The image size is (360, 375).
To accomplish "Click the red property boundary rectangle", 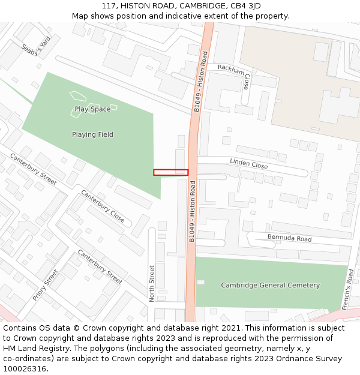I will [x=170, y=172].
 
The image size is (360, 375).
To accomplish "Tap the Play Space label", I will [x=92, y=109].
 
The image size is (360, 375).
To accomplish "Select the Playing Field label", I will [x=92, y=134].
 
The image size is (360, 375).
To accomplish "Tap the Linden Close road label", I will [x=248, y=164].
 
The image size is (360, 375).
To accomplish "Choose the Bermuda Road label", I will [x=289, y=238].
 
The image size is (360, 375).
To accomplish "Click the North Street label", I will [x=152, y=283].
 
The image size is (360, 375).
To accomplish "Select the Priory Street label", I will [x=46, y=284].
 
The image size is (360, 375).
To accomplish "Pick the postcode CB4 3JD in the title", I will [x=246, y=5].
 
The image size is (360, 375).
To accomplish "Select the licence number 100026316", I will [x=25, y=368].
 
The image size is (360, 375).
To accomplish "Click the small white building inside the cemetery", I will [x=200, y=282].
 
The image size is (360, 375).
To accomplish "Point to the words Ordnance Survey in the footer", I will [x=312, y=358].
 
